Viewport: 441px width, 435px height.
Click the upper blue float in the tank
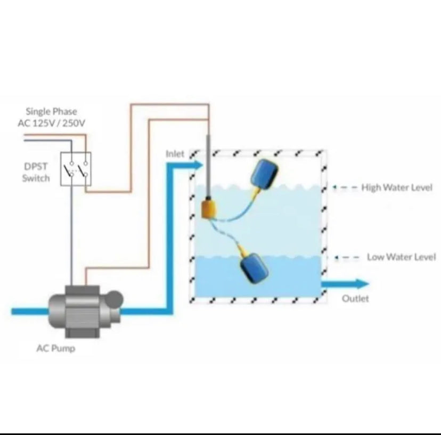264,173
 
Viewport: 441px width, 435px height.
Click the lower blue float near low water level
254,268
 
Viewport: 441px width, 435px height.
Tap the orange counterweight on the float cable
209,208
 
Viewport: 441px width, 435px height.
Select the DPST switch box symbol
76,169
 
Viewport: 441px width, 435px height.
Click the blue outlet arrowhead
362,284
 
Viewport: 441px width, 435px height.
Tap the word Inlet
175,154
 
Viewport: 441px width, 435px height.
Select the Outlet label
355,298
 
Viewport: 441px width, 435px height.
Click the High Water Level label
397,187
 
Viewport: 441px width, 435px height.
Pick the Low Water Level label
402,257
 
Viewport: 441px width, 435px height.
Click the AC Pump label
56,348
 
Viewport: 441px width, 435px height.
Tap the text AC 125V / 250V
51,123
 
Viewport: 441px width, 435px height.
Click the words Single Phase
51,112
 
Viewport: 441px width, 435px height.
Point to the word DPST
36,167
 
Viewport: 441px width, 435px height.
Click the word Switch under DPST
36,178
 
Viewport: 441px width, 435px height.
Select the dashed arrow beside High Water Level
345,187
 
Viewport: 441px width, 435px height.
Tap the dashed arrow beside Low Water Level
347,257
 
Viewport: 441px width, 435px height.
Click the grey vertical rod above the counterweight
208,166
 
